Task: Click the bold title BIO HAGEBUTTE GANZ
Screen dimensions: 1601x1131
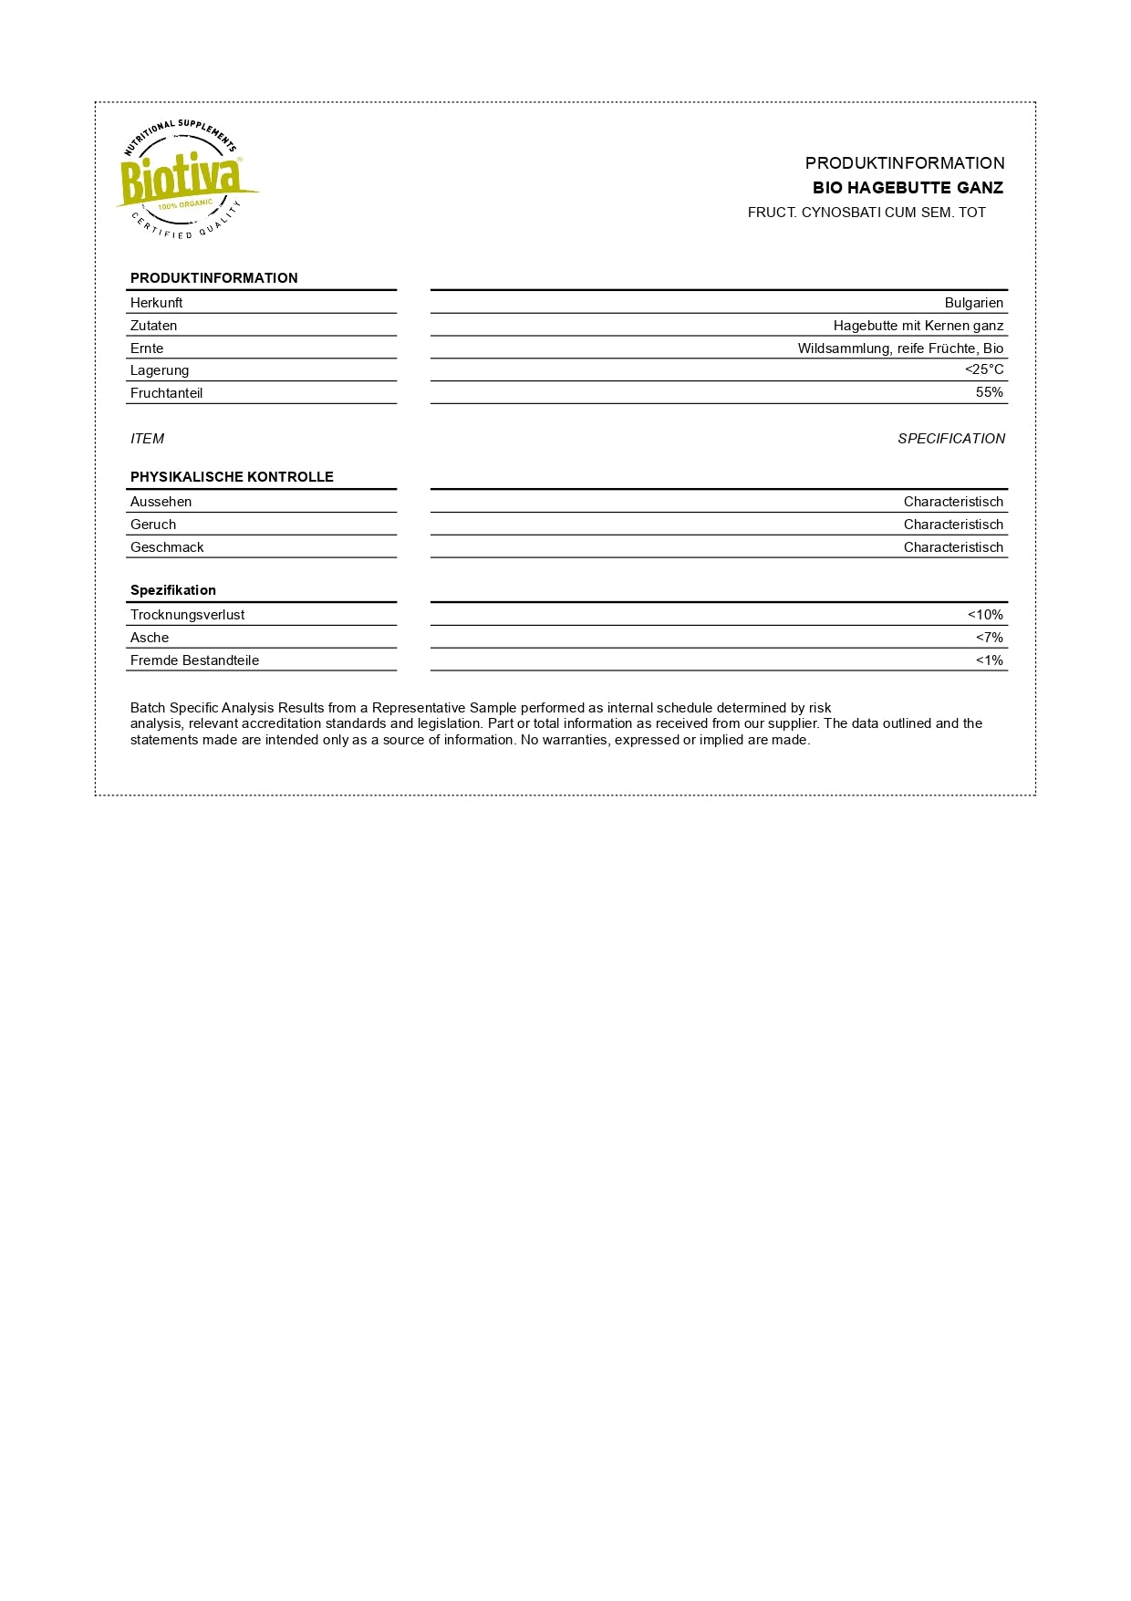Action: pos(908,188)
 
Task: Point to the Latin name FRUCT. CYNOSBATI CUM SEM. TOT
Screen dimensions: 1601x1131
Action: pos(866,213)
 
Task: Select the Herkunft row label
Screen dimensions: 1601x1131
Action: pos(156,303)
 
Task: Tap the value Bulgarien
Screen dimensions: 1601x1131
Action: pos(973,303)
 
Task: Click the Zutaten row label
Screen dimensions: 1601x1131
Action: pos(153,326)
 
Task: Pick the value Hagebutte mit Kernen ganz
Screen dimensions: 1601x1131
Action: pos(918,326)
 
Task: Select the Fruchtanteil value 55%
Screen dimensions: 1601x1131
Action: pos(989,392)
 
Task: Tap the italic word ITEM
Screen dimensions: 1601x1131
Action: pos(147,439)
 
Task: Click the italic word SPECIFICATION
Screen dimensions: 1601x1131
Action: pos(950,439)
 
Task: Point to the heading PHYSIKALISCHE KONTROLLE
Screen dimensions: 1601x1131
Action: pos(232,477)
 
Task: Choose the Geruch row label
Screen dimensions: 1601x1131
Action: pos(152,525)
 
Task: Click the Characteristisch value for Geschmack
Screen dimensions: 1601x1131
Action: pos(953,547)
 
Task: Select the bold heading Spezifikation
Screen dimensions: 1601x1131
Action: pos(172,590)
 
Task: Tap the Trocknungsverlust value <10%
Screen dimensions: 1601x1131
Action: pos(984,615)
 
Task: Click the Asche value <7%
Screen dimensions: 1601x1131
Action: pos(989,638)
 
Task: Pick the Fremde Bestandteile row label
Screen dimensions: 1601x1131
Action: pos(194,660)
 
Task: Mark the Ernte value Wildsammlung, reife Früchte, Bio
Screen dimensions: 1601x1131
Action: pos(900,348)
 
